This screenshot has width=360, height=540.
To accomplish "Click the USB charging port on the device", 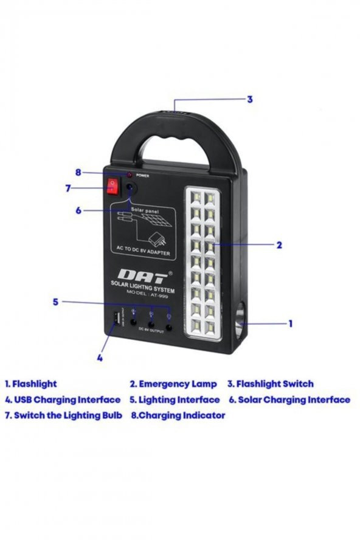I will click(x=114, y=320).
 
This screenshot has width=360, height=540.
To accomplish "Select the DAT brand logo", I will click(x=142, y=275).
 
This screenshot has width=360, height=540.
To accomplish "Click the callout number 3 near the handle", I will click(x=249, y=100).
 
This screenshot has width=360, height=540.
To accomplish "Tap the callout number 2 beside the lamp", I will click(x=279, y=246).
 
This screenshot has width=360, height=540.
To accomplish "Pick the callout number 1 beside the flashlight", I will click(x=290, y=324).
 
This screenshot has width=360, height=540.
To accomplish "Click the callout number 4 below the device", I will click(x=100, y=358).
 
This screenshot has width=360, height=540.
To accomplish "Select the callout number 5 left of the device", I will click(x=55, y=302).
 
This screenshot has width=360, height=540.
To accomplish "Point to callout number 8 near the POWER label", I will click(x=78, y=172).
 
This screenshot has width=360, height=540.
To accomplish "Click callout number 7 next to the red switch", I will click(x=68, y=189).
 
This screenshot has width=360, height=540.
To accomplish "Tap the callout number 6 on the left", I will click(x=78, y=210).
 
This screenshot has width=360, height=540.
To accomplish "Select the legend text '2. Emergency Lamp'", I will click(x=173, y=384).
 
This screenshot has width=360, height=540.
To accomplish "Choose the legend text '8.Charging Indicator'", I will click(x=178, y=415).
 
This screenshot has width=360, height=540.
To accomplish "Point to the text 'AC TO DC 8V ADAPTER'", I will click(x=144, y=248).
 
